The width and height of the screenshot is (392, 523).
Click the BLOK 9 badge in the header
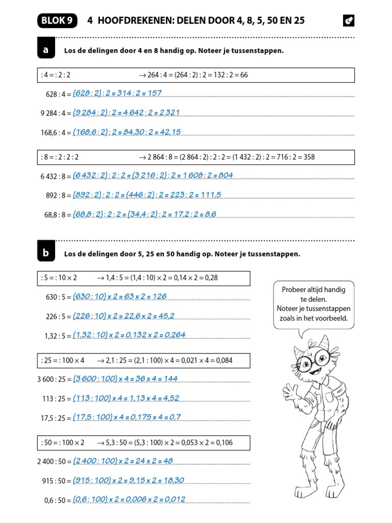pos(56,20)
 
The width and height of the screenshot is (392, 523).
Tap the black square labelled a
pos(46,50)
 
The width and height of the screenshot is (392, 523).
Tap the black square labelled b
pos(46,253)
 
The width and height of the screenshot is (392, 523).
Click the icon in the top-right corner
pos(349,21)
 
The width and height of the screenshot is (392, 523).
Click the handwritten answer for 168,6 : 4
pos(127,132)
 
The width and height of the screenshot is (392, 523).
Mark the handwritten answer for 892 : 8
pos(147,195)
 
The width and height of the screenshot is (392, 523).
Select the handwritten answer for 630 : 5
pos(120,296)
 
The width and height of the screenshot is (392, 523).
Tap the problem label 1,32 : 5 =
pos(58,336)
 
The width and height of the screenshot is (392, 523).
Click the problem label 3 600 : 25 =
pos(54,379)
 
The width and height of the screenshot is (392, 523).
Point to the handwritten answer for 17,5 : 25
pos(127,417)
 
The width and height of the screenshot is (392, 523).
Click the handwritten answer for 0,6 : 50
pos(129,499)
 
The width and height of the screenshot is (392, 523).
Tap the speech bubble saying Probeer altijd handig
pos(314,304)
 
